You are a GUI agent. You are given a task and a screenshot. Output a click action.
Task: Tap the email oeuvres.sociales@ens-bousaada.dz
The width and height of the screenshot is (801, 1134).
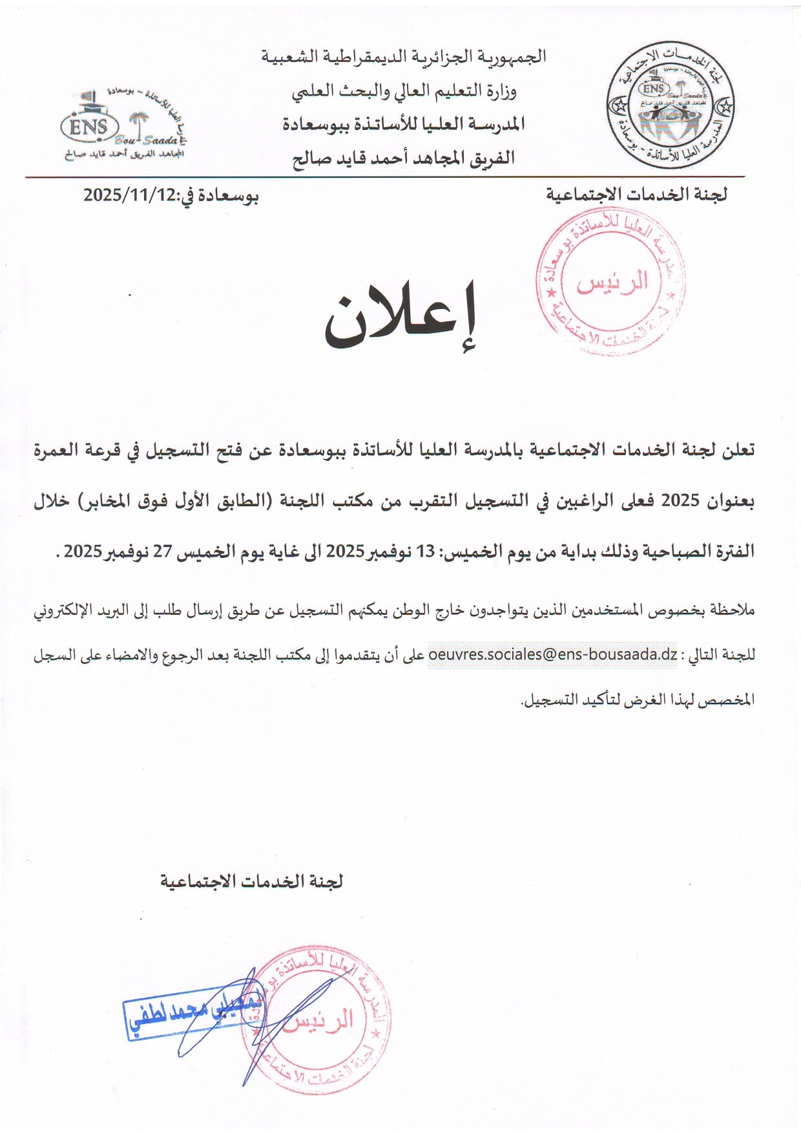pyautogui.click(x=553, y=654)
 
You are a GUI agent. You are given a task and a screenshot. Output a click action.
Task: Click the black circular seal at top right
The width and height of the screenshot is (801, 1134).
pyautogui.click(x=670, y=105)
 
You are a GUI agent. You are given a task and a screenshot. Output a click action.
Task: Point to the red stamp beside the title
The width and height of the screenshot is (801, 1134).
pyautogui.click(x=610, y=281)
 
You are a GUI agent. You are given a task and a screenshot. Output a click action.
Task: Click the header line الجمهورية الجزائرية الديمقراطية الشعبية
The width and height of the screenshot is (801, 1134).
pyautogui.click(x=404, y=57)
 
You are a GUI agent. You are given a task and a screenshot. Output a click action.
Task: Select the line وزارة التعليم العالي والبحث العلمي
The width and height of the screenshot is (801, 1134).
pyautogui.click(x=404, y=91)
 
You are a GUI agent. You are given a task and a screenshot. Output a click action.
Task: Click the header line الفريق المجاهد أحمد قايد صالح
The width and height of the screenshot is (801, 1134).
pyautogui.click(x=404, y=158)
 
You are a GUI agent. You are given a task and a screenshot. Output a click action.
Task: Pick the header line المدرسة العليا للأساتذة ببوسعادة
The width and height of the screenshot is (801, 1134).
pyautogui.click(x=404, y=124)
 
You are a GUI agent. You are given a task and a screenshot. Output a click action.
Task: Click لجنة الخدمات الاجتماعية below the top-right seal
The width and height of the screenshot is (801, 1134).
pyautogui.click(x=636, y=195)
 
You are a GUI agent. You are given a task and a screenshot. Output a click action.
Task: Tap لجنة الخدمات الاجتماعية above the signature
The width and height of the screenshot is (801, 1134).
pyautogui.click(x=251, y=881)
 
